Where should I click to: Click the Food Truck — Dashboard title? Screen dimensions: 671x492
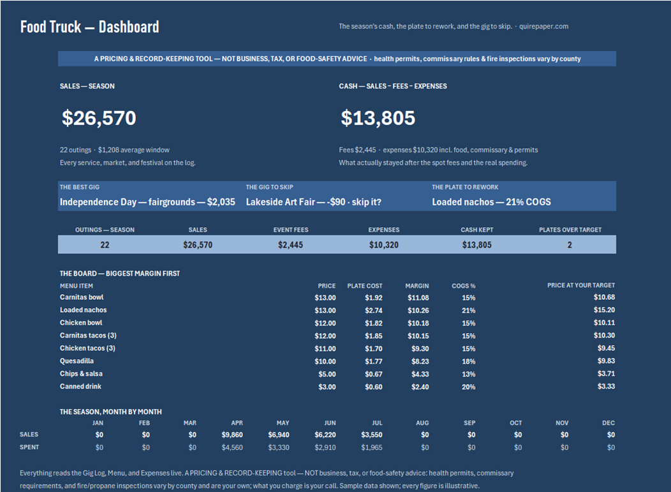tap(89, 27)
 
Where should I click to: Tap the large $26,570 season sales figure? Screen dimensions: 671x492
tap(99, 118)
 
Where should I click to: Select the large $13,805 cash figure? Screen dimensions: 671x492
tap(378, 118)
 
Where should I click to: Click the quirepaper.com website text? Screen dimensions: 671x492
tap(543, 26)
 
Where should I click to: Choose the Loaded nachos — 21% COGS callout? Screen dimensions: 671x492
tap(491, 202)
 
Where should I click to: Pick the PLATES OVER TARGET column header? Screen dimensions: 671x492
tap(570, 230)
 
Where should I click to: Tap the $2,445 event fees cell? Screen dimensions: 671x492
tap(291, 245)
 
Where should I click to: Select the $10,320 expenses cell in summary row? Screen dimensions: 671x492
tap(384, 245)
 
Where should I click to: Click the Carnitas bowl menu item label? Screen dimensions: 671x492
tap(82, 297)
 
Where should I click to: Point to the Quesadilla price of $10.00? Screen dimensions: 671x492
tap(325, 361)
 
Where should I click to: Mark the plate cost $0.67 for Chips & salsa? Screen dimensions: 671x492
tap(374, 374)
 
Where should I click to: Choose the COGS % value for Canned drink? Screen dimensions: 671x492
tap(469, 387)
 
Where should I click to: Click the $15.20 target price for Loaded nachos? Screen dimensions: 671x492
tap(604, 309)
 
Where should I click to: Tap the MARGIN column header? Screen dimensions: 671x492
tap(417, 286)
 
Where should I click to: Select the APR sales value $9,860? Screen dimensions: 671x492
tap(232, 435)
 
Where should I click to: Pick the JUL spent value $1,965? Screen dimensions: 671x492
tap(371, 447)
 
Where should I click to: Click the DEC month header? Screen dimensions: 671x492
tap(608, 423)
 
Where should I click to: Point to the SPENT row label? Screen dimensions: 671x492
tap(29, 447)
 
